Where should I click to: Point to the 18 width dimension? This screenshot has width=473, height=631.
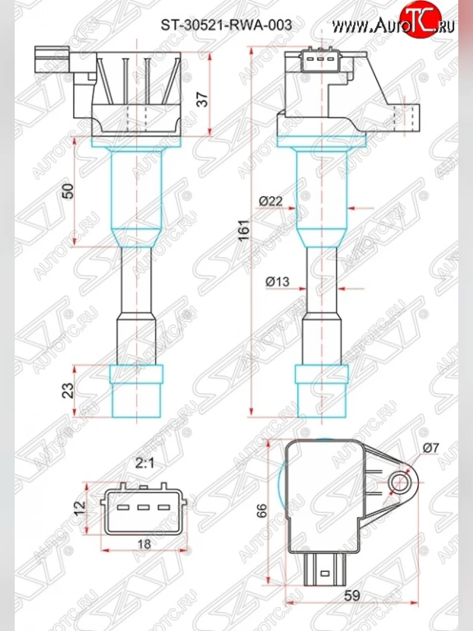click(x=143, y=545)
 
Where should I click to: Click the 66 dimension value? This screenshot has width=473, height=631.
click(x=262, y=510)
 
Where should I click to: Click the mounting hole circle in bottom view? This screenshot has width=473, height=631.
click(x=401, y=481)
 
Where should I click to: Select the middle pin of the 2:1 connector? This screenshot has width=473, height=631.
click(x=143, y=508)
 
